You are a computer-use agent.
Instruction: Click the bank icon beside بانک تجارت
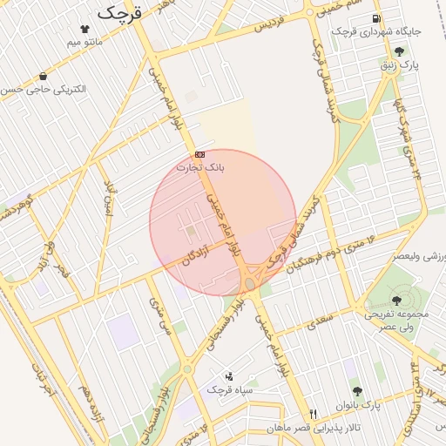tap(200, 154)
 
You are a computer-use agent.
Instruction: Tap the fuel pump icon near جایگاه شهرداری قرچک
tap(375, 19)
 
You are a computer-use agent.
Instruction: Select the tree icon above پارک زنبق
tap(399, 51)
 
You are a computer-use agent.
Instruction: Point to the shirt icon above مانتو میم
tap(84, 29)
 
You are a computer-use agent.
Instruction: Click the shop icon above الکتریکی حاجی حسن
tap(44, 77)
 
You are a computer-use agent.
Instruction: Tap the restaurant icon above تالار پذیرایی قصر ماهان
tap(314, 413)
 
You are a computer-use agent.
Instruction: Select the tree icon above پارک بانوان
tap(356, 392)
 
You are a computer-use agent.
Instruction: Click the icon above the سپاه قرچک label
tap(229, 376)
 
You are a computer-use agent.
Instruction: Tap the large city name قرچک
tap(119, 12)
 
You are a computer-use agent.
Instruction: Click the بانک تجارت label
tap(200, 166)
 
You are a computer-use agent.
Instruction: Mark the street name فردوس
tap(272, 24)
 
